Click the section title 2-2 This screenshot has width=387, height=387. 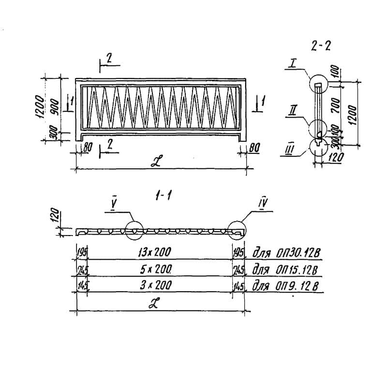coord(321,46)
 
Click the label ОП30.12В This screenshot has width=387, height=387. coord(298,253)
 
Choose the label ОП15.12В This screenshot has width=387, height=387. coord(298,269)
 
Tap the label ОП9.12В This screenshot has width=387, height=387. coord(296,285)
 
